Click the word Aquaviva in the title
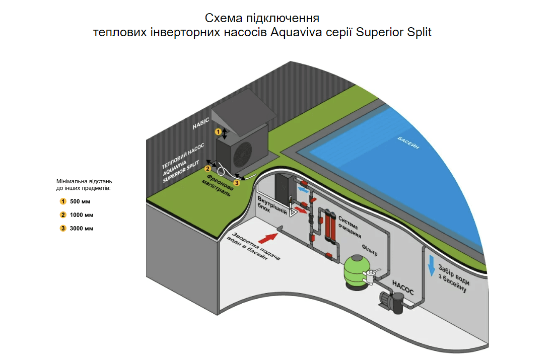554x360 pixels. [x=293, y=33]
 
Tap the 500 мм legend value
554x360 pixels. [x=80, y=201]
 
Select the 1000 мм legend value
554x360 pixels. [x=82, y=215]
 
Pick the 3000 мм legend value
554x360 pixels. [x=82, y=229]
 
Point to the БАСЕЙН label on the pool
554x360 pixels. [x=408, y=145]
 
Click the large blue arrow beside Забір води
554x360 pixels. [x=431, y=265]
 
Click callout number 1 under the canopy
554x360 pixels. [x=218, y=131]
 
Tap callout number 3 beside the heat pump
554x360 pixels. [x=237, y=183]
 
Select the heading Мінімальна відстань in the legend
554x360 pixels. [x=84, y=184]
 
